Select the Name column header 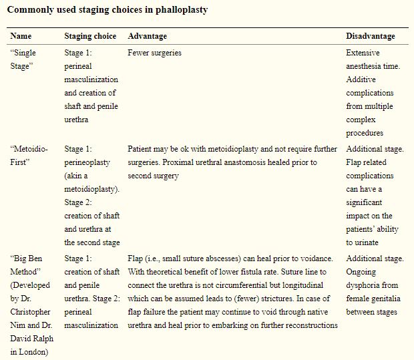click(x=21, y=36)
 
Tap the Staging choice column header click(x=90, y=36)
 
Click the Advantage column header click(x=147, y=36)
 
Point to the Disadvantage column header click(x=371, y=36)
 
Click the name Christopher click(x=32, y=312)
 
